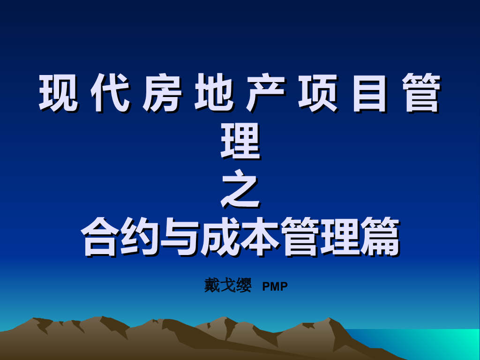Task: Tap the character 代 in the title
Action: pos(109,93)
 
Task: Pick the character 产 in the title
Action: pos(266,93)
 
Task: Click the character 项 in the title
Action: pos(318,93)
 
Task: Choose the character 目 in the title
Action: pos(370,93)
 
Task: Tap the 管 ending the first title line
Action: pos(422,93)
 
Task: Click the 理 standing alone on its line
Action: pos(240,141)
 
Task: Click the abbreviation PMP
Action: pos(275,286)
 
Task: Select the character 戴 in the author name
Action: pos(212,285)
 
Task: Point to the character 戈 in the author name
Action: pos(228,285)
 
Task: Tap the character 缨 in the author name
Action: pos(244,285)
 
